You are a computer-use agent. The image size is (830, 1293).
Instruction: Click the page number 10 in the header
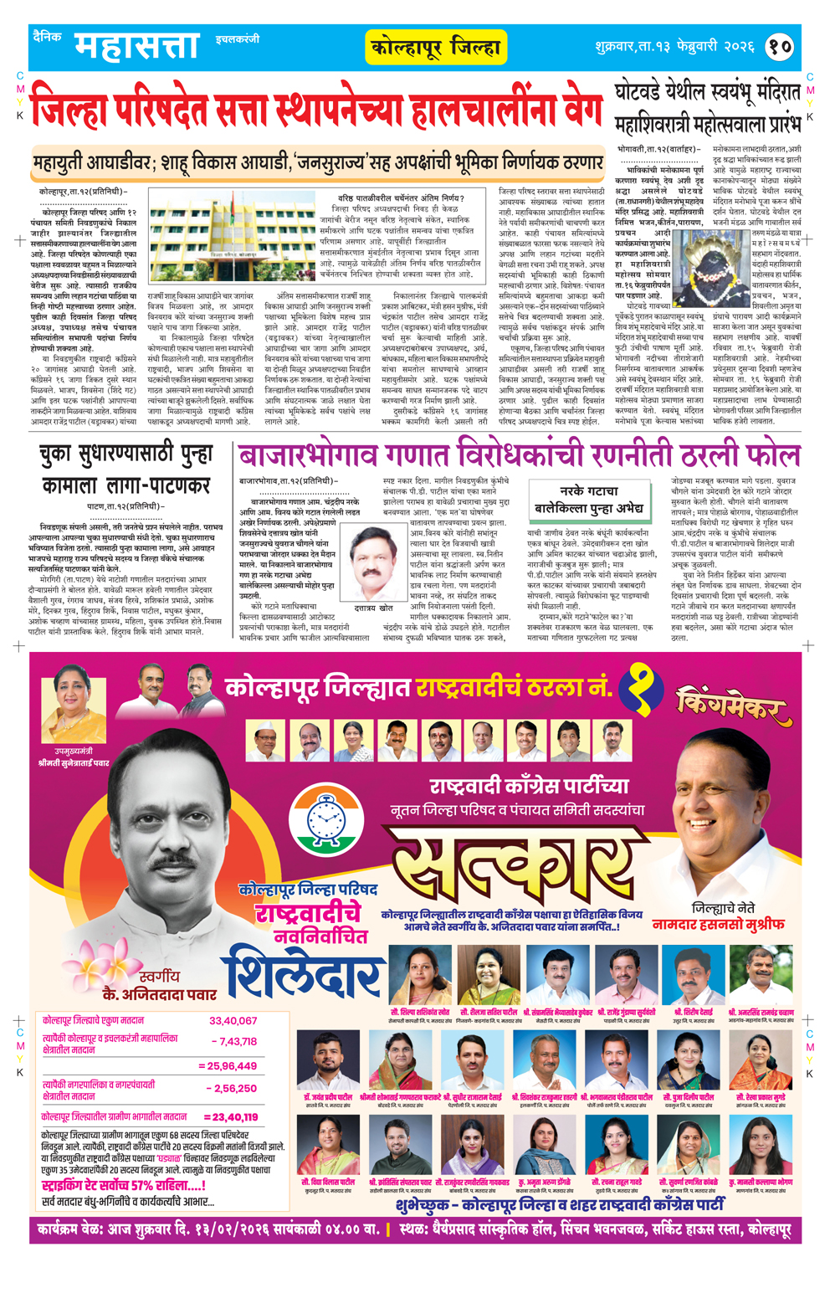pyautogui.click(x=780, y=46)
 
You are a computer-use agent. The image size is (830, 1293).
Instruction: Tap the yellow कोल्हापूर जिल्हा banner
pyautogui.click(x=436, y=48)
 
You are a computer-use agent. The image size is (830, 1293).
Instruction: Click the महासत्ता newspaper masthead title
pyautogui.click(x=137, y=46)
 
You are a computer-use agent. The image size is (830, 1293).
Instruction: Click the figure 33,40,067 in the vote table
pyautogui.click(x=233, y=1021)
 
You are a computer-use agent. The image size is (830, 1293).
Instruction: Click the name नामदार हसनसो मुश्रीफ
pyautogui.click(x=718, y=925)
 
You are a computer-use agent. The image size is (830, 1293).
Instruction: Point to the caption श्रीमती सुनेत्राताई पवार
pyautogui.click(x=74, y=763)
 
